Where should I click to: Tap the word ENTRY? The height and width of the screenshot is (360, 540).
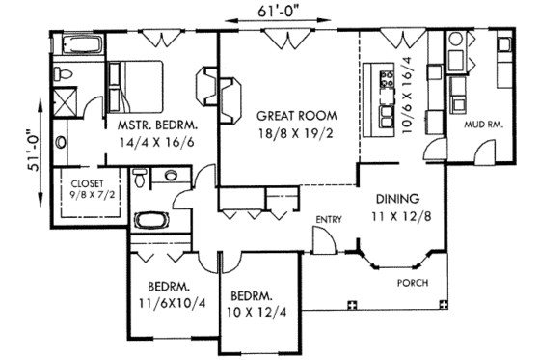[x=329, y=220]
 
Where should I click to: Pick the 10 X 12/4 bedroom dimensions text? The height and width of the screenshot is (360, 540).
[x=256, y=311]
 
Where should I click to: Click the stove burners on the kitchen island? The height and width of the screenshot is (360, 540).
[x=389, y=76]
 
